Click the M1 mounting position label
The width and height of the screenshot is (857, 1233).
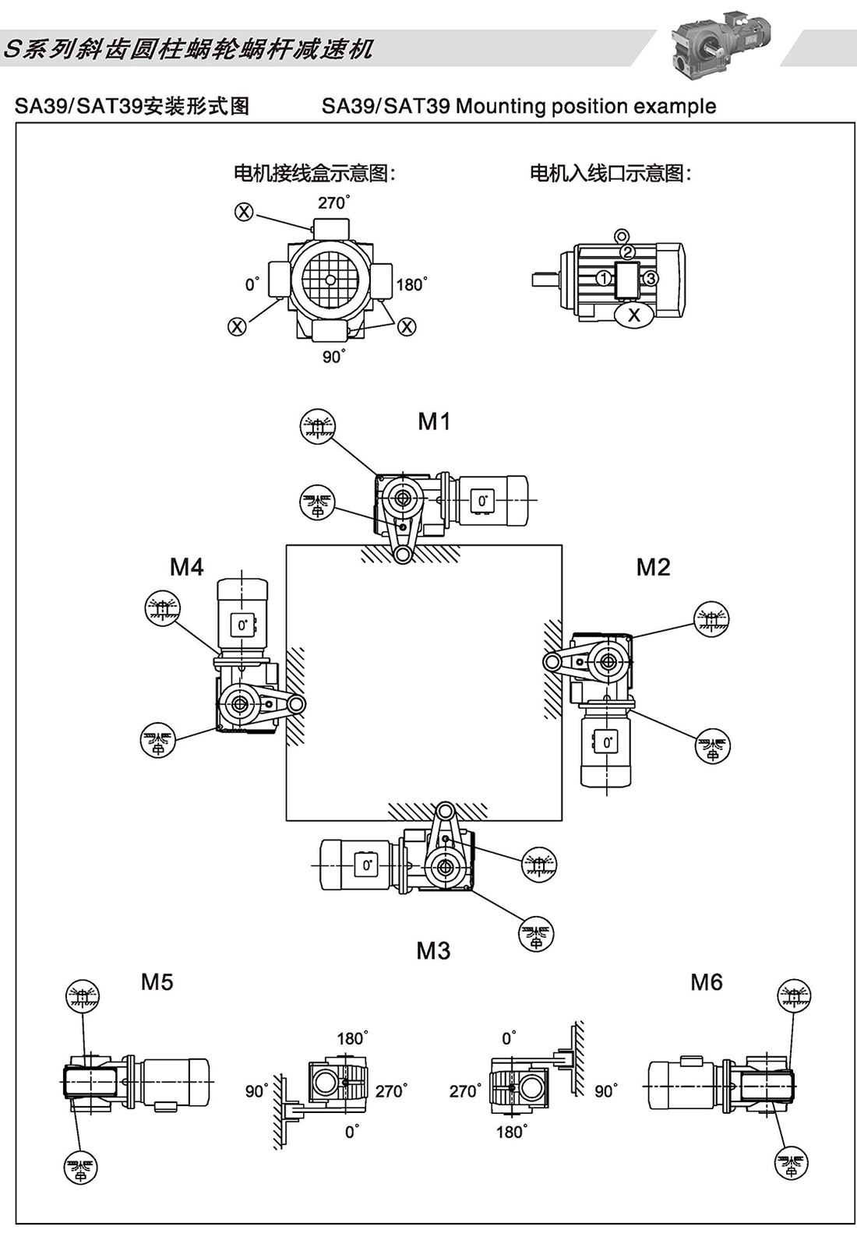click(x=434, y=421)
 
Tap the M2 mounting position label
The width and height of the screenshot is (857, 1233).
click(x=653, y=567)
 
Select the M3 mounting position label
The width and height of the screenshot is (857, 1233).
click(x=433, y=950)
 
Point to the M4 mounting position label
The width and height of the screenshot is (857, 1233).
click(x=187, y=567)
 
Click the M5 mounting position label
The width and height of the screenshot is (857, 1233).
click(x=157, y=981)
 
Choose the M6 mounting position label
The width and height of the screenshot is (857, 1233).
click(x=706, y=982)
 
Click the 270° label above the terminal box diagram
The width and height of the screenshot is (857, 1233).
click(x=333, y=203)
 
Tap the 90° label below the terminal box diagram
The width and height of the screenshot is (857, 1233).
click(x=333, y=356)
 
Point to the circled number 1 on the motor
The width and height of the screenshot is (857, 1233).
click(x=603, y=278)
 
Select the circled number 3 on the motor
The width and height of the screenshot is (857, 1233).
click(x=651, y=278)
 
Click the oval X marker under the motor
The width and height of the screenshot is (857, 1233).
click(x=634, y=315)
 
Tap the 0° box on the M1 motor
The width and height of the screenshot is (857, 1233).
click(x=482, y=501)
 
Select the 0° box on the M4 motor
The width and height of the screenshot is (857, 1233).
click(x=242, y=625)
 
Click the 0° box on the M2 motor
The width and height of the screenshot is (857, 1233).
click(x=608, y=742)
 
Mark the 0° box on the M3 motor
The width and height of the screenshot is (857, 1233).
click(x=366, y=865)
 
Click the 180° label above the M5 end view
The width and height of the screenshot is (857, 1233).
click(x=351, y=1038)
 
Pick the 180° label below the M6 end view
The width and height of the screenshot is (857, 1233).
click(x=511, y=1132)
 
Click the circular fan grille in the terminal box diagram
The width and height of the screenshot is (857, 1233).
click(x=330, y=280)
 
